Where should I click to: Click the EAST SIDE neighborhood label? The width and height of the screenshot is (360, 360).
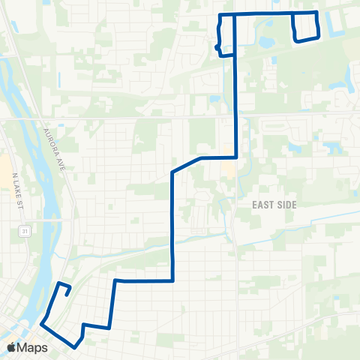(275, 204)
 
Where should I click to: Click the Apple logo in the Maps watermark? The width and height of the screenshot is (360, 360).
(12, 347)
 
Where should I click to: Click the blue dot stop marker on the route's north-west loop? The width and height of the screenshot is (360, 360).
(217, 47)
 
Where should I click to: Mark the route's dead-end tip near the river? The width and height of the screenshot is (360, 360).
(68, 295)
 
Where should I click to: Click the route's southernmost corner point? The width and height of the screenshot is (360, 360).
(75, 346)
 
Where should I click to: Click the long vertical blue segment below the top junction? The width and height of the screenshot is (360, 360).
(237, 90)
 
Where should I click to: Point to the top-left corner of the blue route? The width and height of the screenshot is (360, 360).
(219, 15)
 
